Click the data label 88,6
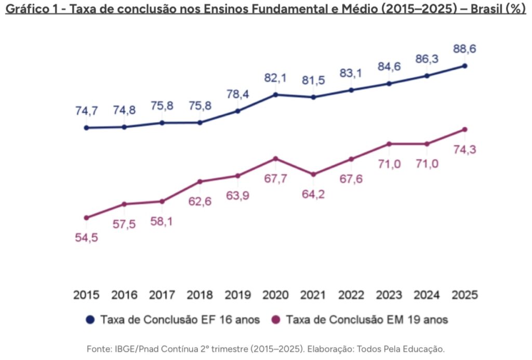[465, 49]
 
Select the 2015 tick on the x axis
[86, 295]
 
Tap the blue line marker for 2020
[275, 95]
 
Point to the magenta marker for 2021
[313, 175]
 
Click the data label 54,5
[86, 237]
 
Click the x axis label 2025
[465, 295]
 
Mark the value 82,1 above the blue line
[275, 78]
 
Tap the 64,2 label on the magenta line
[313, 195]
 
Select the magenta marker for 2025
[465, 129]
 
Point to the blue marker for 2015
[86, 128]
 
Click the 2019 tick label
[238, 295]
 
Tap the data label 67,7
[275, 179]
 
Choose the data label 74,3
[465, 150]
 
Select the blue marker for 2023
[389, 83]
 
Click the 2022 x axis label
[351, 295]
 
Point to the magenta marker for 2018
[200, 181]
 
